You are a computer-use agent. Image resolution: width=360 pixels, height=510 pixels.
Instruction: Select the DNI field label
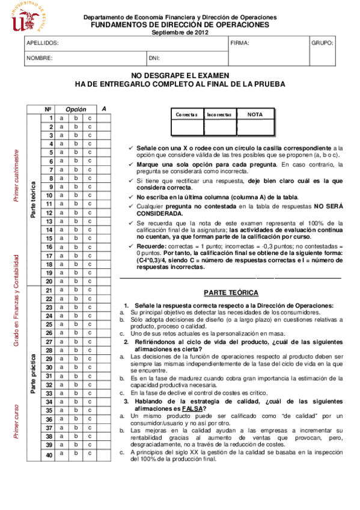154,58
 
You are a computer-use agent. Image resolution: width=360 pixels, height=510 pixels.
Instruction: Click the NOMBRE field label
40,58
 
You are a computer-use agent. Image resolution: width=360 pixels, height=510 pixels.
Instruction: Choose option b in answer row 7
76,161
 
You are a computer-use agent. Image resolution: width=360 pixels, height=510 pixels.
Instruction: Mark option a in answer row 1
61,118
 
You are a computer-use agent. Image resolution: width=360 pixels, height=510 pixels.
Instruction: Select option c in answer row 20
90,281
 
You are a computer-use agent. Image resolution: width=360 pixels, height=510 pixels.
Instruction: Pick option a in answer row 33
61,393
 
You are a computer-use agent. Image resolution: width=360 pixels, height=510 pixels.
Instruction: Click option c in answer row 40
90,455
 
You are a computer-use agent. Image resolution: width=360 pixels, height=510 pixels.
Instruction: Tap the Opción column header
76,109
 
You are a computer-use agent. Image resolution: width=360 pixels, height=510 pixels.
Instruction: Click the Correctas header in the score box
186,114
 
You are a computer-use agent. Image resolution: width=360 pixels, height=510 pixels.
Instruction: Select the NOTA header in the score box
255,114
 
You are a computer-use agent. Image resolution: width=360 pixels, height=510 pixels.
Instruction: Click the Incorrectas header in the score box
219,114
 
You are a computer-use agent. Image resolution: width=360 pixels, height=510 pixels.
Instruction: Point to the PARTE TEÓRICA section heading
231,293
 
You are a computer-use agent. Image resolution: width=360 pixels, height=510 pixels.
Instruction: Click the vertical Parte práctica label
34,373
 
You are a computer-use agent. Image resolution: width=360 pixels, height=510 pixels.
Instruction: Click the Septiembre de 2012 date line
180,32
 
